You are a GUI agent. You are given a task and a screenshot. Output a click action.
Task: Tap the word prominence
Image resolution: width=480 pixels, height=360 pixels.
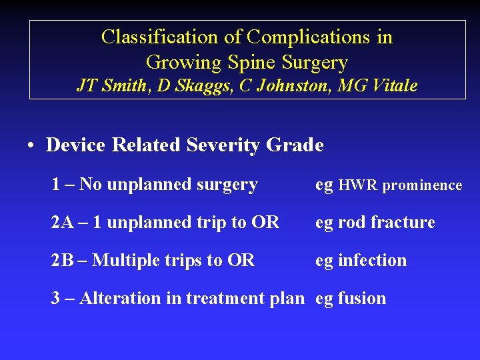pos(423,186)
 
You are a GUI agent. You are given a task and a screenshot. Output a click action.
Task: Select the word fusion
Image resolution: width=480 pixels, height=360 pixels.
pos(362,298)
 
